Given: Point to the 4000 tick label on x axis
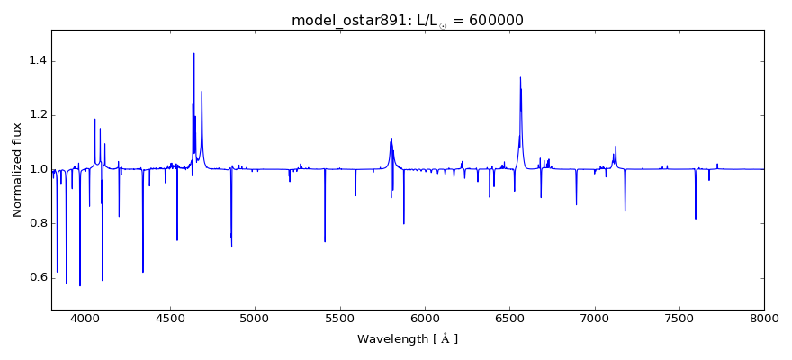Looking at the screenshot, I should point(85,318).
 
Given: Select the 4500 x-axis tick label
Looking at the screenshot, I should point(170,318).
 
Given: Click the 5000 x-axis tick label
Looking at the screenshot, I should point(255,318).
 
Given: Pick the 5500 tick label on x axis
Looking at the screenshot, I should point(340,318).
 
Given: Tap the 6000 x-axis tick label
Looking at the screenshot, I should point(425,318).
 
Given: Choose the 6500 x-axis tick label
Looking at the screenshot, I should point(509,318).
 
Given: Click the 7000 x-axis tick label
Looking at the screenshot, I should point(595,318).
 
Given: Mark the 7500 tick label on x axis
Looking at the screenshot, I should point(679,318).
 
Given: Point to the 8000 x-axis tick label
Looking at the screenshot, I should point(764,318).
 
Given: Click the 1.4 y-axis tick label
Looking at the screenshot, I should point(37,61).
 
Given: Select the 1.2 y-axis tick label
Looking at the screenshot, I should point(37,115).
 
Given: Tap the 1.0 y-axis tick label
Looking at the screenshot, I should point(37,169).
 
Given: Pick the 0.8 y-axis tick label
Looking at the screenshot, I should point(37,223).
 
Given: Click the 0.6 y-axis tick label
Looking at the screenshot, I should point(37,277).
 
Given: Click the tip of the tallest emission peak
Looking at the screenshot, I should point(193,53).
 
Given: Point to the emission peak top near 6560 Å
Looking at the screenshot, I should point(521,77).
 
